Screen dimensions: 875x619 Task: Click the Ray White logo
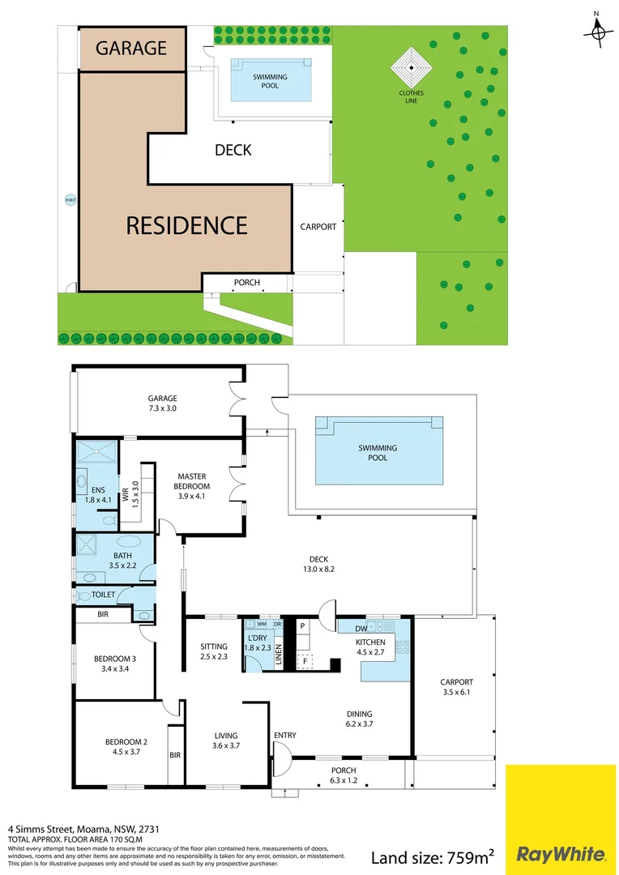click(x=560, y=854)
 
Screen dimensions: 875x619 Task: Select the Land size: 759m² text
click(x=433, y=856)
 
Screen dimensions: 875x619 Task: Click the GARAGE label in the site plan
click(x=131, y=48)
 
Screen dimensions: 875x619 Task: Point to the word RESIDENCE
click(x=186, y=224)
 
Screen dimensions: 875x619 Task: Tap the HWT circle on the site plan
click(x=70, y=200)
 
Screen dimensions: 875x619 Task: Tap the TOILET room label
click(x=103, y=595)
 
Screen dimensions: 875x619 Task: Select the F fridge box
click(x=305, y=661)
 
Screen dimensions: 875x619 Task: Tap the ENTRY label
click(x=284, y=736)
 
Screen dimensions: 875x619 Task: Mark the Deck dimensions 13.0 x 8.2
click(x=318, y=570)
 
